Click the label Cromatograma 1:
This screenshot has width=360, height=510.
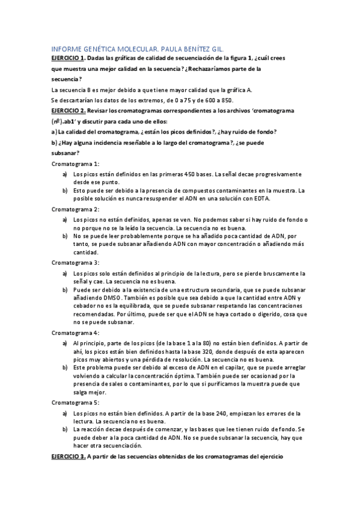[x=75, y=164]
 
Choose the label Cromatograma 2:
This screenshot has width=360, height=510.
[x=75, y=209]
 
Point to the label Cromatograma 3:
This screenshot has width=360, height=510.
[x=75, y=263]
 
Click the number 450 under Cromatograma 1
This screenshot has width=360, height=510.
[x=191, y=174]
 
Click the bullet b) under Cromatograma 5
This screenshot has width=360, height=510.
[x=64, y=430]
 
